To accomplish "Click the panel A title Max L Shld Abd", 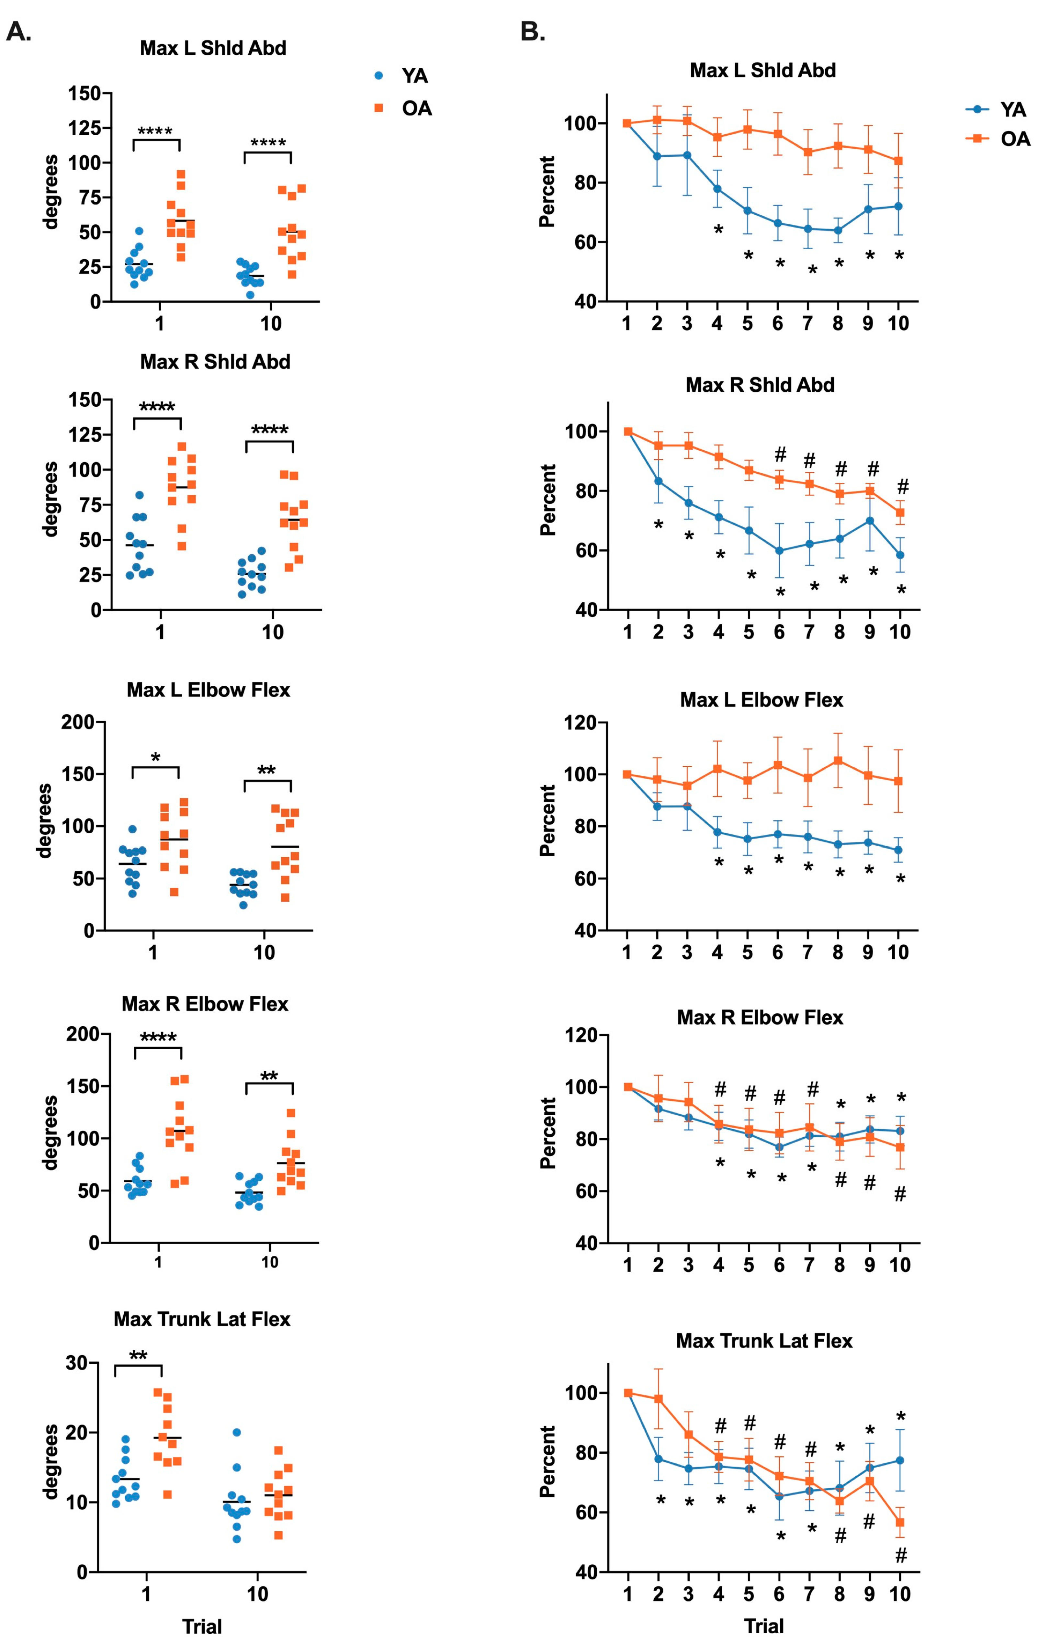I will [x=212, y=49].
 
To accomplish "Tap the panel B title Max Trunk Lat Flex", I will [x=764, y=1341].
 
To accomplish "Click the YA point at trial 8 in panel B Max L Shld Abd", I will [x=838, y=230].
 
